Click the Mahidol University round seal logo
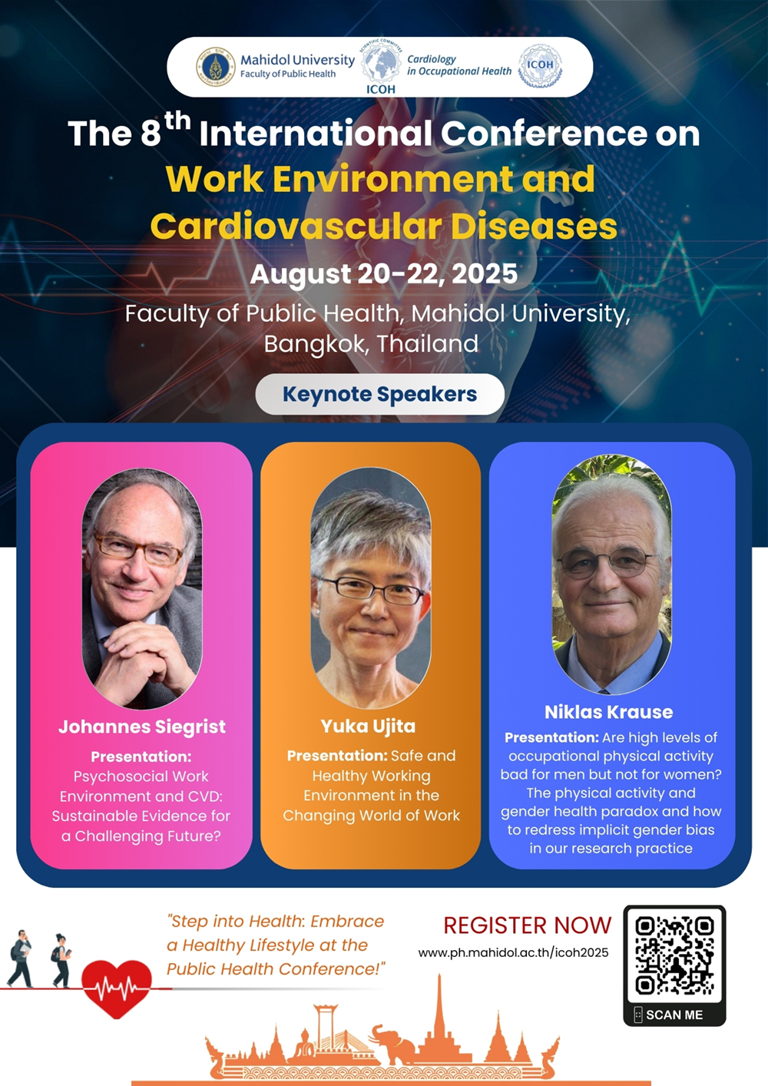216,67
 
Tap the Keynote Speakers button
379,394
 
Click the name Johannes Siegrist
142,727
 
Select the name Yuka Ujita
368,727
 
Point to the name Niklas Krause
609,712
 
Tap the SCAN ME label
674,1015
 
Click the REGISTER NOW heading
528,925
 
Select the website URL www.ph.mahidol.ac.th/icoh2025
513,952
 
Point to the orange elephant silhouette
392,1043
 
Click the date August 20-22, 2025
383,274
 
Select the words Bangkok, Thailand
371,344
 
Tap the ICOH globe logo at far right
540,67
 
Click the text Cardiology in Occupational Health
458,65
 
